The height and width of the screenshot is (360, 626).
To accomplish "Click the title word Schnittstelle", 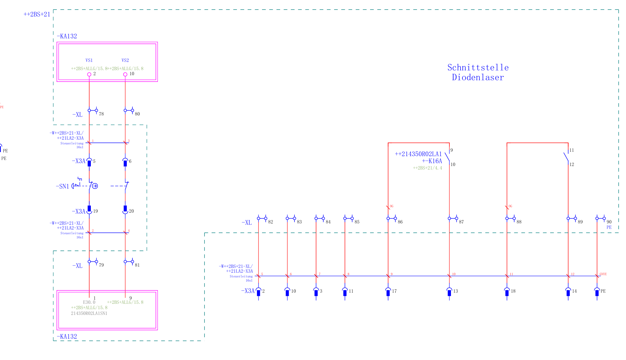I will click(478, 68).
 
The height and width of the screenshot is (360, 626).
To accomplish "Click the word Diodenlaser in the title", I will click(478, 77).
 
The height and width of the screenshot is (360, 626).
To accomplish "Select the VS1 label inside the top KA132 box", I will click(89, 60).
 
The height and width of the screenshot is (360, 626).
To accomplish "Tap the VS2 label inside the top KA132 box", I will click(125, 60).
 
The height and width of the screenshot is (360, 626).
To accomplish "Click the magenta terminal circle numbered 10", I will click(125, 74).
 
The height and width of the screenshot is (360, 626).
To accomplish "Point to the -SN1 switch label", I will click(63, 186).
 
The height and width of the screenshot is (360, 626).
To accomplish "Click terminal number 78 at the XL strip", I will click(101, 114).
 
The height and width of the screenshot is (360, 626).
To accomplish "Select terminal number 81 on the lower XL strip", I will click(137, 265).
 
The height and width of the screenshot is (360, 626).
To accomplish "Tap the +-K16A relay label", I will click(432, 161).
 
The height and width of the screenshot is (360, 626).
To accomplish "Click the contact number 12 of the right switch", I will click(572, 164).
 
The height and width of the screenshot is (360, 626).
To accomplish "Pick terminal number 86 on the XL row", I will click(400, 222).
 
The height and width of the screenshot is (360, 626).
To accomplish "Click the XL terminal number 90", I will click(609, 222).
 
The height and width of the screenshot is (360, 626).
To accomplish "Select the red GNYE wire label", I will click(603, 274).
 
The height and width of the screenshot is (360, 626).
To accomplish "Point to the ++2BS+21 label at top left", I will click(37, 14).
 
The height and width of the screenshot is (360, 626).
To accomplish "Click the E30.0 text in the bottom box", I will click(89, 302).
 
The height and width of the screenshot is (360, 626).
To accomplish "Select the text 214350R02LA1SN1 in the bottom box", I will click(89, 313).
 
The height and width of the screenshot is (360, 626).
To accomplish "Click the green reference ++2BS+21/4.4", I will click(427, 168).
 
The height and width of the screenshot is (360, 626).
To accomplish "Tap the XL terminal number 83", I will click(299, 222).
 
